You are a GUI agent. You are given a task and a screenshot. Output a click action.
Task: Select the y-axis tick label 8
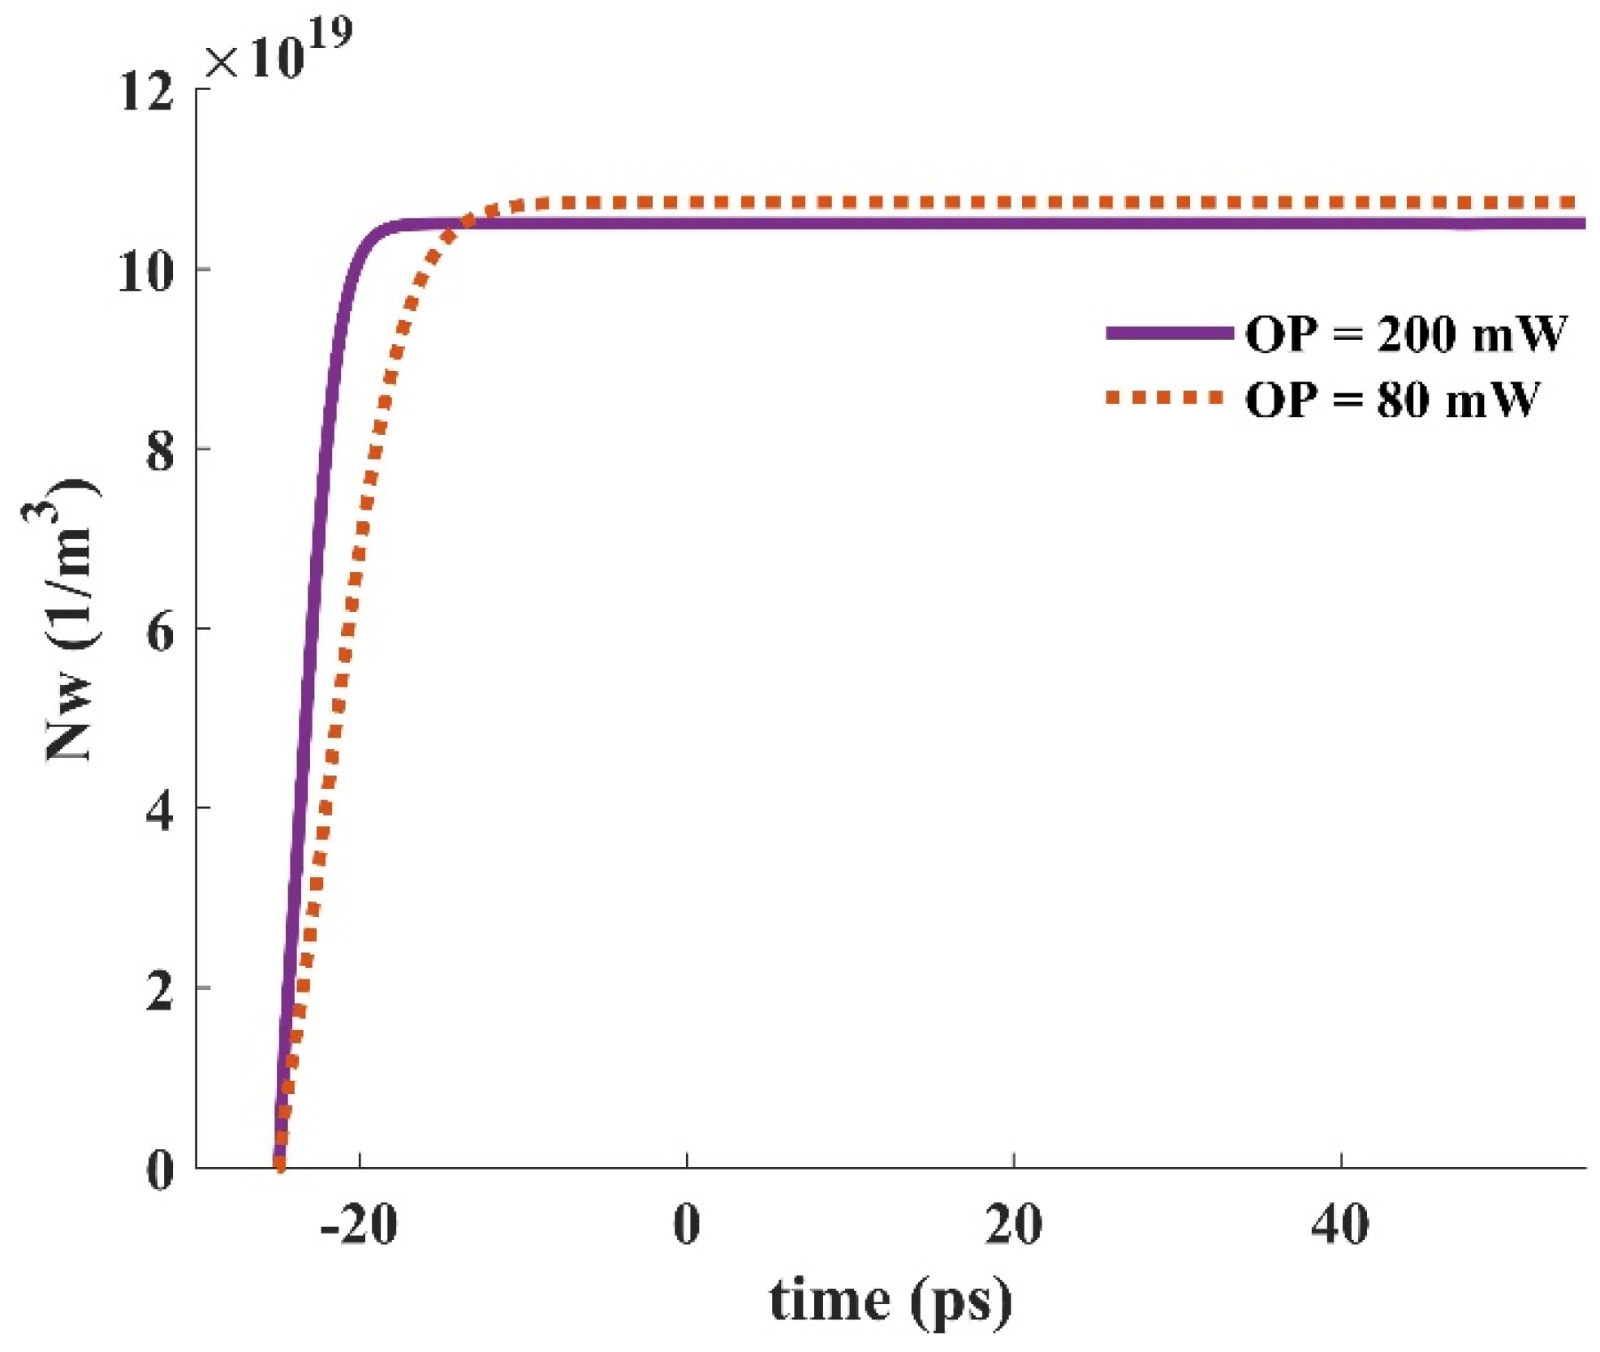pyautogui.click(x=160, y=450)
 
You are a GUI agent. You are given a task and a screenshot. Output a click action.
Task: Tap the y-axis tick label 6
pyautogui.click(x=160, y=631)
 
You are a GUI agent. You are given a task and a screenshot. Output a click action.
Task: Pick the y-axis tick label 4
pyautogui.click(x=160, y=810)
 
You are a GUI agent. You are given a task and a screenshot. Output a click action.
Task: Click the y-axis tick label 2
pyautogui.click(x=160, y=990)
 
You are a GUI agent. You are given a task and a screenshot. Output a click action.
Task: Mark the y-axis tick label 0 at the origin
pyautogui.click(x=160, y=1169)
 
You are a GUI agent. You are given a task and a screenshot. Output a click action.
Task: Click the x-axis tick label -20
pyautogui.click(x=358, y=1225)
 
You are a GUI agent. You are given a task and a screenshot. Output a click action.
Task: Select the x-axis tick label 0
pyautogui.click(x=687, y=1225)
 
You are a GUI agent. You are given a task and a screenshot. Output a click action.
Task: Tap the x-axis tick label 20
pyautogui.click(x=1014, y=1225)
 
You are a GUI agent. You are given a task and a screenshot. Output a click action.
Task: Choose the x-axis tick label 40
pyautogui.click(x=1341, y=1225)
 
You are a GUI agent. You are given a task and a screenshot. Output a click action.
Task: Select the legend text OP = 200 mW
pyautogui.click(x=1405, y=334)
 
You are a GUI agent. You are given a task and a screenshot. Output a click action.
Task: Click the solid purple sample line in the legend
pyautogui.click(x=1169, y=333)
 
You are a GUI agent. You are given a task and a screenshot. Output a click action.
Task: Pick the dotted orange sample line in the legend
pyautogui.click(x=1166, y=397)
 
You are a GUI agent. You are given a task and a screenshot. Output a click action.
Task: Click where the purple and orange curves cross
pyautogui.click(x=465, y=222)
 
